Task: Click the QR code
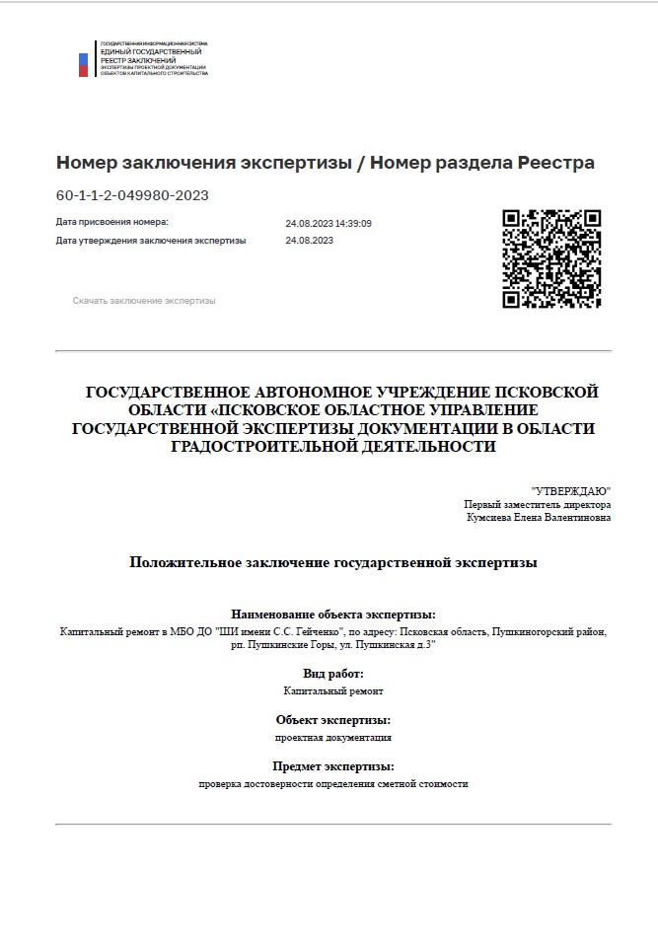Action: click(551, 258)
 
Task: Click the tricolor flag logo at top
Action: click(84, 64)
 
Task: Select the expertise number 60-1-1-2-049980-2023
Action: click(132, 195)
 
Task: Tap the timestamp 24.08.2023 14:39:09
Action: click(329, 223)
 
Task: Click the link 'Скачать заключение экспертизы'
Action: click(143, 301)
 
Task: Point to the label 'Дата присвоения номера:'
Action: click(112, 223)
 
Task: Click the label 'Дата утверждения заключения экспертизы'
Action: click(151, 240)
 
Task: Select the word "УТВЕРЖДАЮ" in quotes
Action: click(571, 490)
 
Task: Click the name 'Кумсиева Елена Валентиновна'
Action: click(539, 517)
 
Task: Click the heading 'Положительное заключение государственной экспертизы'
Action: click(333, 562)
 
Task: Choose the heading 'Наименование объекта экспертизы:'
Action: click(332, 614)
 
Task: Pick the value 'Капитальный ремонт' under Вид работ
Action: click(332, 691)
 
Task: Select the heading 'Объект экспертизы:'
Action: click(332, 720)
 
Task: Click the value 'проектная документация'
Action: click(332, 738)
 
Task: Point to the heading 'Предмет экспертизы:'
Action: click(332, 766)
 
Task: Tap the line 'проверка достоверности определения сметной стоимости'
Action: click(332, 784)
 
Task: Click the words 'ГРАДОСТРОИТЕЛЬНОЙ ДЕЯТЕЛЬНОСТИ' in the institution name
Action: click(333, 447)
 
